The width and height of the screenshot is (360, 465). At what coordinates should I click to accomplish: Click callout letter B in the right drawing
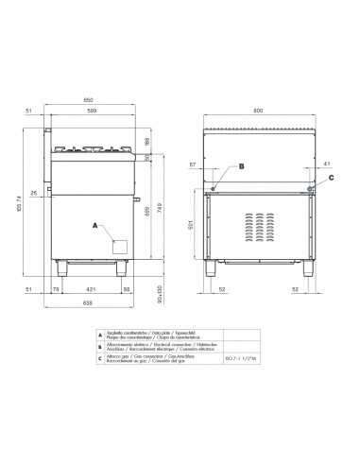[242, 166]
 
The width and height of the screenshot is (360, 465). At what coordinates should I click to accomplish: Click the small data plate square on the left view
[120, 245]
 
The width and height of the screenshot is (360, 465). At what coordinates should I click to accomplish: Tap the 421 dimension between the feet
[92, 290]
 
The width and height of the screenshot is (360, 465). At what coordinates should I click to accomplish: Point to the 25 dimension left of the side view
[32, 193]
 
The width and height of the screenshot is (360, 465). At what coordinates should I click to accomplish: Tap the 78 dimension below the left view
[56, 290]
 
